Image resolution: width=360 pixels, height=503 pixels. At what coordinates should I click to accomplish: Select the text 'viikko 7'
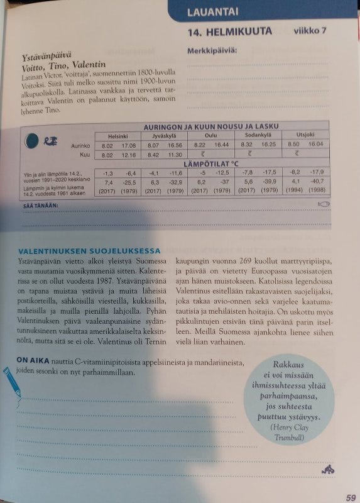tap(314, 30)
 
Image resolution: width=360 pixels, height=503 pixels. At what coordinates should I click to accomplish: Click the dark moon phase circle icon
tap(30, 143)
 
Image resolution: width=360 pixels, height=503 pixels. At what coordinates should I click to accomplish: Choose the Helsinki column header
tap(118, 135)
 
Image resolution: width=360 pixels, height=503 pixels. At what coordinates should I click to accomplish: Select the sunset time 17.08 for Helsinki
tap(128, 145)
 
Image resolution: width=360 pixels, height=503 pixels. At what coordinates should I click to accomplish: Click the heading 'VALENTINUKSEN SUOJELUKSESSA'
tap(89, 250)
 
